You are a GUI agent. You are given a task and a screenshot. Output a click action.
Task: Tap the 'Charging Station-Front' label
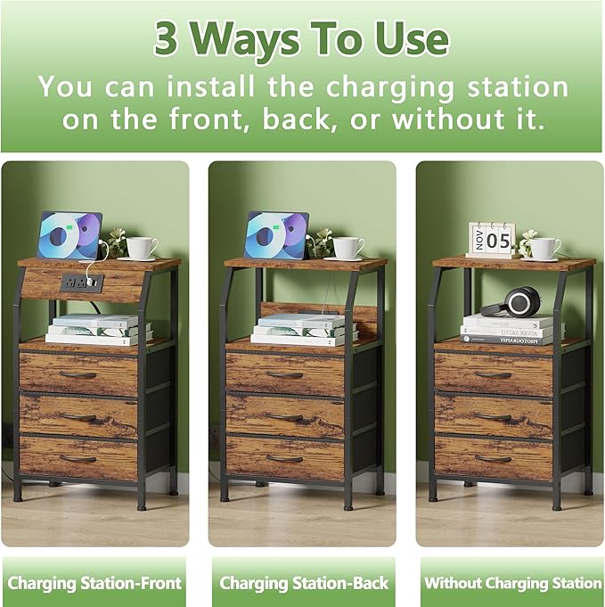[94, 584]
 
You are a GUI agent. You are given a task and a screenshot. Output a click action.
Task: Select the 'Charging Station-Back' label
[304, 584]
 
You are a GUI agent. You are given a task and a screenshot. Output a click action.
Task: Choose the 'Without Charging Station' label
[512, 584]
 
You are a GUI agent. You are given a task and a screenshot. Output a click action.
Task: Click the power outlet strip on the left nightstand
[81, 282]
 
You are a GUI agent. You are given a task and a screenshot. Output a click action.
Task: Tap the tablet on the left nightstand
[69, 236]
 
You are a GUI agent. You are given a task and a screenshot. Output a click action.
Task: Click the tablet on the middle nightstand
[276, 236]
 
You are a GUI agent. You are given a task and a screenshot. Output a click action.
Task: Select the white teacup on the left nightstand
[141, 247]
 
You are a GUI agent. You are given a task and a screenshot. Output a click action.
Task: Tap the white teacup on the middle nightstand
[347, 247]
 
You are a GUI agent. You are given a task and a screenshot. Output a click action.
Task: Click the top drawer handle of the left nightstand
[78, 374]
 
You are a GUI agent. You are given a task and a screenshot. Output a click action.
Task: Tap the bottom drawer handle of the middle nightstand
[284, 459]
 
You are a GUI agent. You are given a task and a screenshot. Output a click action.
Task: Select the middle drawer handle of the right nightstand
[493, 416]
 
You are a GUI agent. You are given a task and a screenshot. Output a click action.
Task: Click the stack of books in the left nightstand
[98, 329]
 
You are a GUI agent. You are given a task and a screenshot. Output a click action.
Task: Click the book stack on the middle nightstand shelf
[304, 329]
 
